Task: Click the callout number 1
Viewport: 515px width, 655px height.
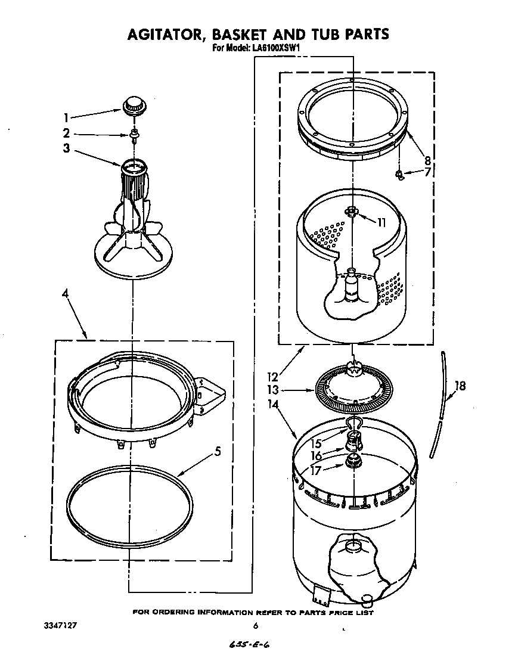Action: point(67,118)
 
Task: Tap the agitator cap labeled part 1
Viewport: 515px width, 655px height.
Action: point(135,106)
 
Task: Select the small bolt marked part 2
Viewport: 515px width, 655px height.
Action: point(135,135)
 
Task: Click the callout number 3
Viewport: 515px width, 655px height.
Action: point(67,149)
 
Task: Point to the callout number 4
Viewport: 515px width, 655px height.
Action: point(66,294)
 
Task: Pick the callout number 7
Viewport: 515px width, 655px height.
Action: point(426,173)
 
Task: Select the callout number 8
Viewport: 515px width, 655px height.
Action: point(427,160)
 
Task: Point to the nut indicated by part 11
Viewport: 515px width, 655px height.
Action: point(352,210)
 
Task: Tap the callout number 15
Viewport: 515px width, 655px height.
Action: point(316,443)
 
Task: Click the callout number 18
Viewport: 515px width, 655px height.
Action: point(459,386)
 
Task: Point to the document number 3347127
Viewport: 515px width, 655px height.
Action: point(61,626)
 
